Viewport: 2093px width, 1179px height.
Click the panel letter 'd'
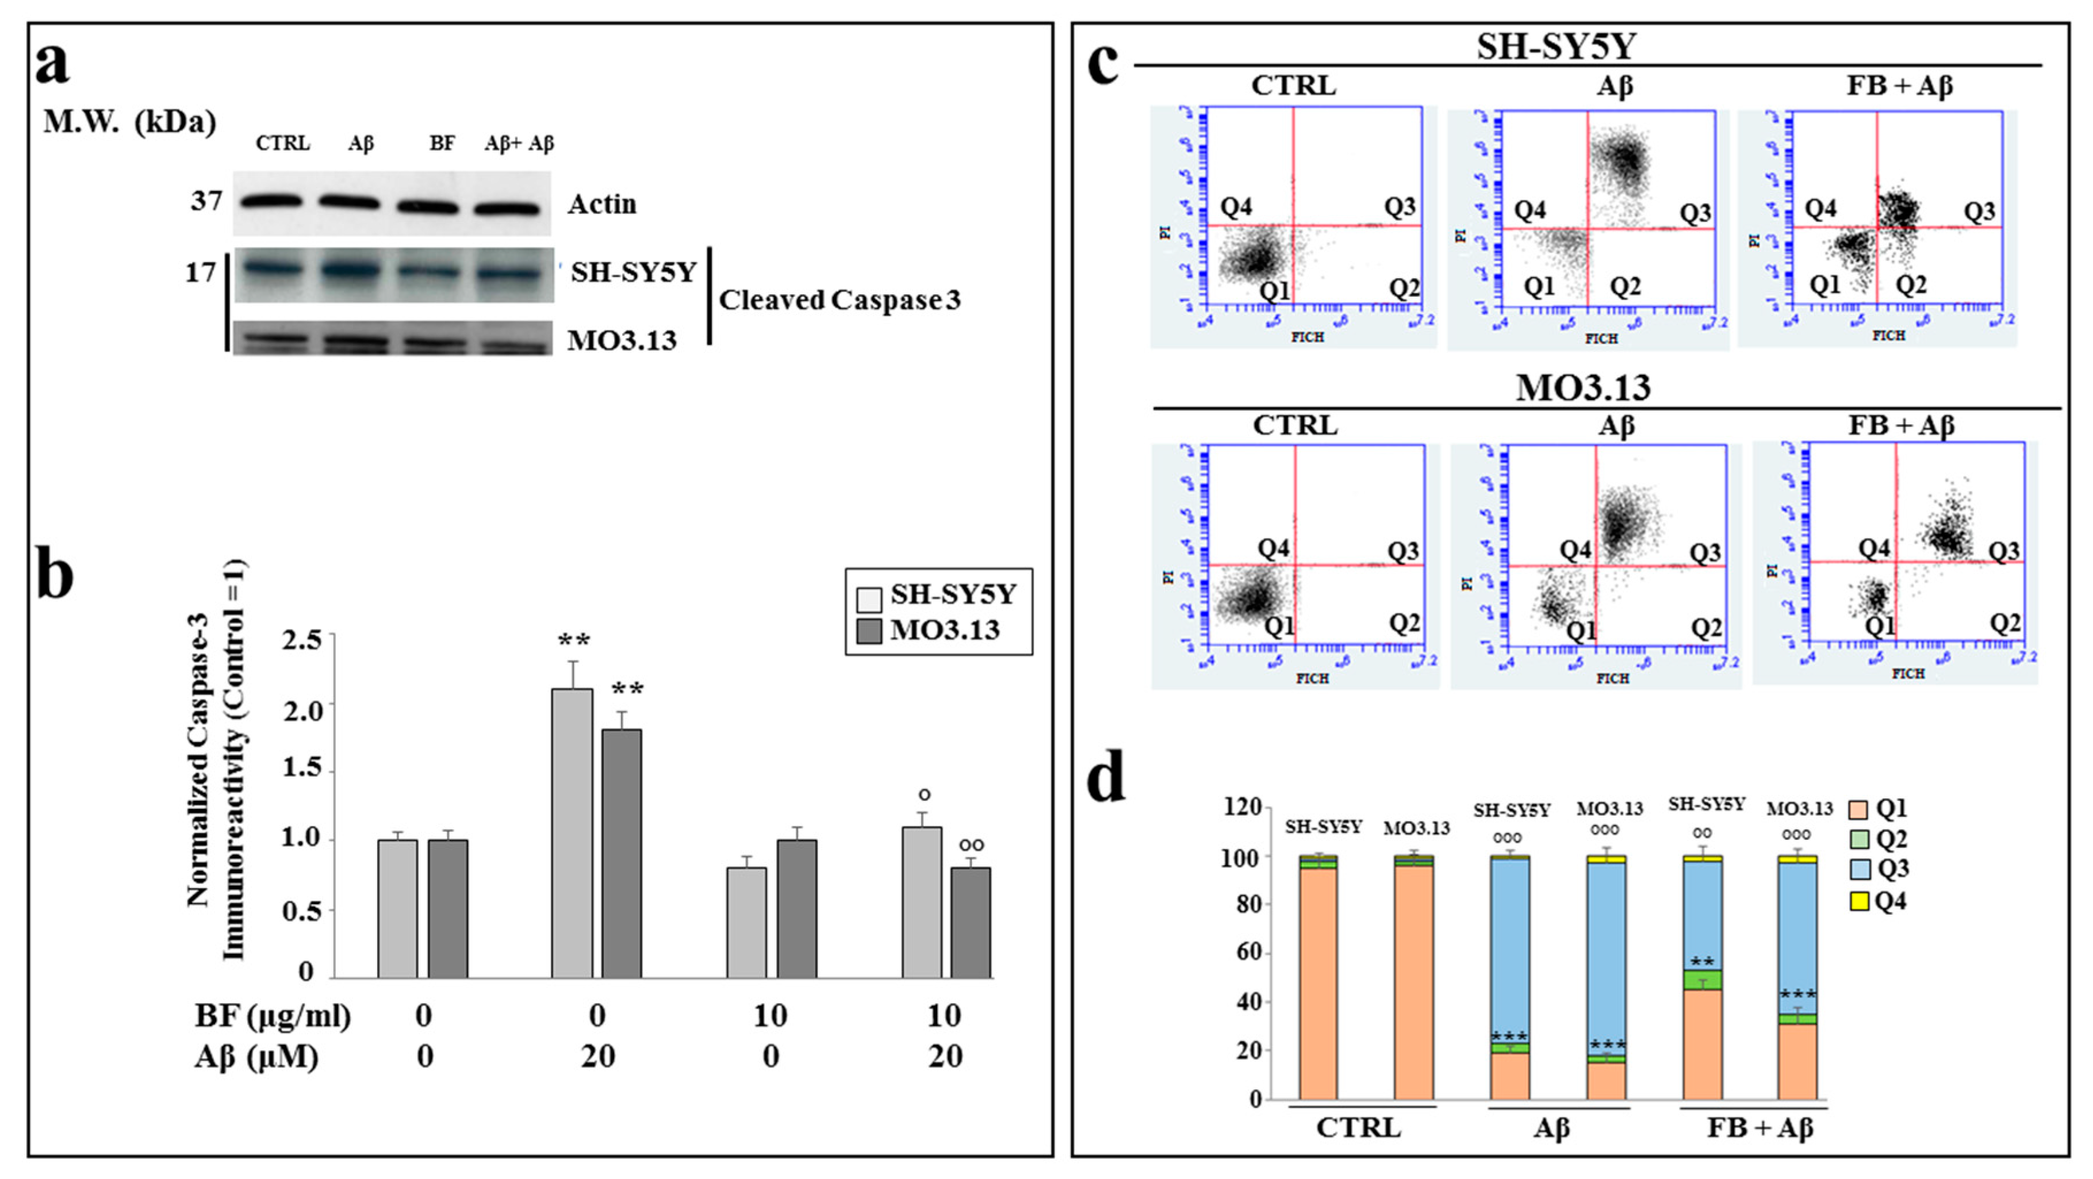[x=1107, y=778]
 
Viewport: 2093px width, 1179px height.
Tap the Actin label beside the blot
[x=601, y=204]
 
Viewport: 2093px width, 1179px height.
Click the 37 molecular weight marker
[x=206, y=200]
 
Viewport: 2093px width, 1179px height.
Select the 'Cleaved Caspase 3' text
[x=839, y=300]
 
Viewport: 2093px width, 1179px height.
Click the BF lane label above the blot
[x=442, y=144]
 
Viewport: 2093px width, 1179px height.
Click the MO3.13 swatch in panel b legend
[x=869, y=631]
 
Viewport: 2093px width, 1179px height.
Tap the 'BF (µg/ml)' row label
[x=273, y=1016]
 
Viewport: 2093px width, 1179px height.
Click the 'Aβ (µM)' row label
[x=257, y=1057]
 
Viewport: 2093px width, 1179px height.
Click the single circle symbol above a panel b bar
[x=924, y=794]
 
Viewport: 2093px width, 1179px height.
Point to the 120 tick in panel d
[x=1243, y=807]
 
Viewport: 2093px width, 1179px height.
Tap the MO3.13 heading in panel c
[x=1583, y=387]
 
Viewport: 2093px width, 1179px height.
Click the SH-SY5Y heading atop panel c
[x=1555, y=47]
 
